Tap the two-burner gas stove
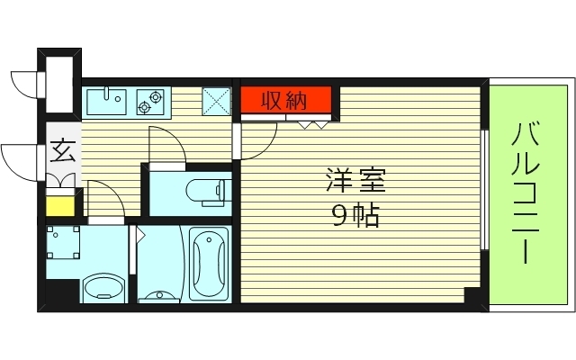click(x=150, y=102)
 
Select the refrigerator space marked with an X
click(x=217, y=101)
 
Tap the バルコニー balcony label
click(x=526, y=193)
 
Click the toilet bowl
click(x=209, y=190)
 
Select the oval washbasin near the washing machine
click(x=103, y=289)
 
